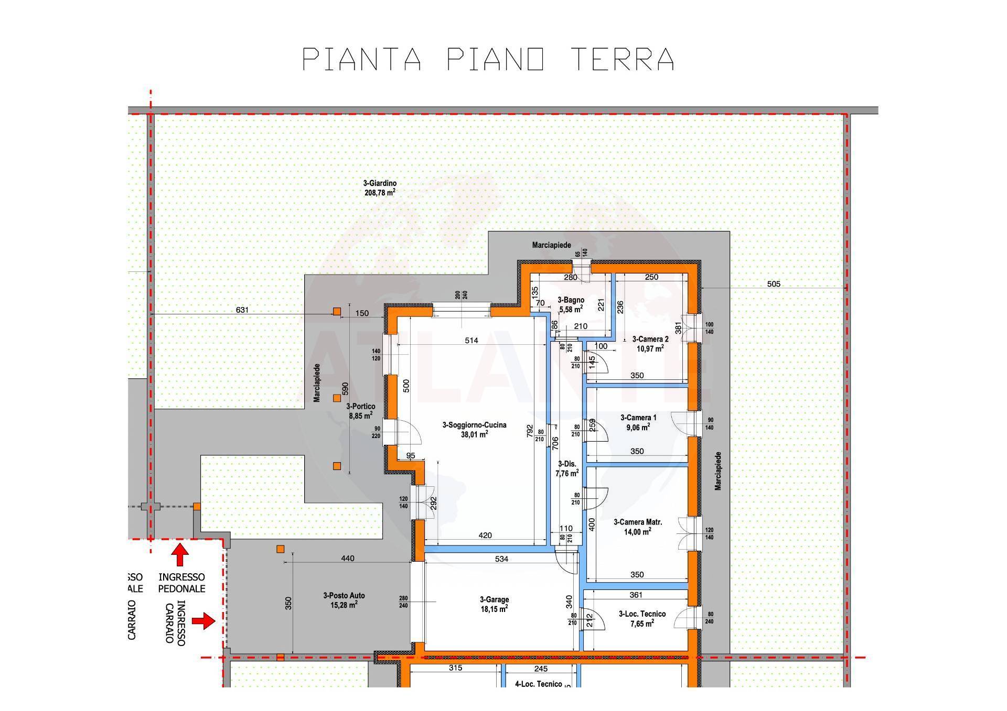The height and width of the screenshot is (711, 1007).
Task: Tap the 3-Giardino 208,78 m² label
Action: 380,188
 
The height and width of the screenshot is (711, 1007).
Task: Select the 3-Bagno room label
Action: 571,304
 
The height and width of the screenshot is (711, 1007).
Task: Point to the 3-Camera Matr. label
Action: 638,526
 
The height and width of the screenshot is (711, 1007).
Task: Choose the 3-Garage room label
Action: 494,604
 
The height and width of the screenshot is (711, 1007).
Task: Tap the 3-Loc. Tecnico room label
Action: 642,618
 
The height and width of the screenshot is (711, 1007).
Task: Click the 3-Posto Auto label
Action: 344,600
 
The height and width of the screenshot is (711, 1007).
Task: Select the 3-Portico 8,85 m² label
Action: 360,411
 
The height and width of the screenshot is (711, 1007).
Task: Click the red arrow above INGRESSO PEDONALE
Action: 180,555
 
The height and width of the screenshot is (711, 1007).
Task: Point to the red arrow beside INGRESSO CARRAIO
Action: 203,621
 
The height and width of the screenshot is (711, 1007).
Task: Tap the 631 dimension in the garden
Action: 242,310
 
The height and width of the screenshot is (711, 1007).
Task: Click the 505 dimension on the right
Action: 774,284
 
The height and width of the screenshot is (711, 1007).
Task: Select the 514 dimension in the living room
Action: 471,341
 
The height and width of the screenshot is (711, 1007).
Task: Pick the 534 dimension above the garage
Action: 501,559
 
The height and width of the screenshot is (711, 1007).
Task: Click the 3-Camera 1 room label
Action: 638,422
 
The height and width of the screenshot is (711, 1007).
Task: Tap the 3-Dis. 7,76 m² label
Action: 567,468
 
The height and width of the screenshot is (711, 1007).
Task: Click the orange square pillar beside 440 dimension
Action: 281,549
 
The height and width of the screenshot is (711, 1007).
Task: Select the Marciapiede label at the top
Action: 551,245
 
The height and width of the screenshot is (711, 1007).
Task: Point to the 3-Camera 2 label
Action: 650,343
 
